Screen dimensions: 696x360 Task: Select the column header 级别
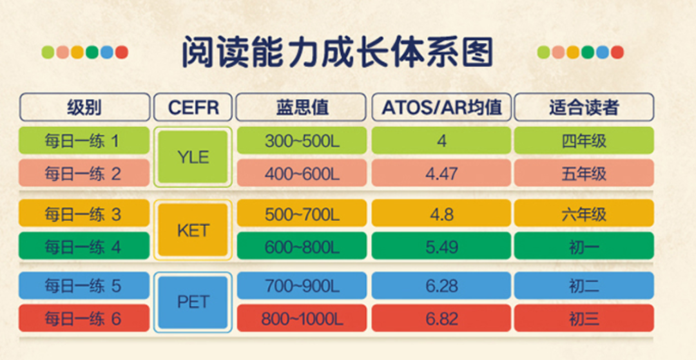pos(84,107)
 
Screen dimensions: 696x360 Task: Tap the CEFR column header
pos(193,107)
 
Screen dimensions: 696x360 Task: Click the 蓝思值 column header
pos(302,107)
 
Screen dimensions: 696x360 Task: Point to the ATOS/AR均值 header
pos(441,107)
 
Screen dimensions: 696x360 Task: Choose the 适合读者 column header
pos(584,107)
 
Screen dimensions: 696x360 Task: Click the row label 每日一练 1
pos(84,140)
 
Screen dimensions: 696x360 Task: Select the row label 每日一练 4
pos(84,245)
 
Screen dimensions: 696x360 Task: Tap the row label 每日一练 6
pos(84,318)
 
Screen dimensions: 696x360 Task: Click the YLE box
pos(193,157)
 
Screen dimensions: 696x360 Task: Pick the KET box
pos(193,230)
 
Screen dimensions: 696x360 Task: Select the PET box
pos(193,302)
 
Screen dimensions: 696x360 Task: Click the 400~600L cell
pos(302,173)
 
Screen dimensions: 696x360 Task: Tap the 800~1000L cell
pos(302,318)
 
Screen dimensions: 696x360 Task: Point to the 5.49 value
pos(441,246)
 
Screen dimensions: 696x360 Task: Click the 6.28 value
pos(441,286)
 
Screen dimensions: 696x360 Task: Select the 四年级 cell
pos(584,140)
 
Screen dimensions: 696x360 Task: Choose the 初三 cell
pos(584,318)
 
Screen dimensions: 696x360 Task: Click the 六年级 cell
pos(584,213)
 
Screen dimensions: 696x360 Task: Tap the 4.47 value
pos(441,173)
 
